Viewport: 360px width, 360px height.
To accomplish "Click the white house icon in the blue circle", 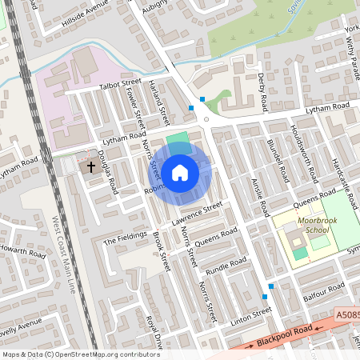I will pyautogui.click(x=180, y=171).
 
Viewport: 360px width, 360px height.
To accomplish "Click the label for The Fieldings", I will pyautogui.click(x=126, y=238).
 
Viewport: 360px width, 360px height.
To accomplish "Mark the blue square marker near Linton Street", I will pyautogui.click(x=272, y=286).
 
